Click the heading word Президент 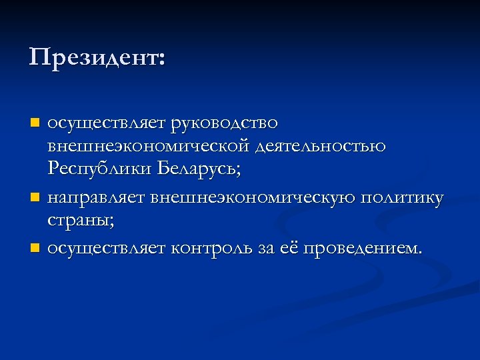pos(92,57)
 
